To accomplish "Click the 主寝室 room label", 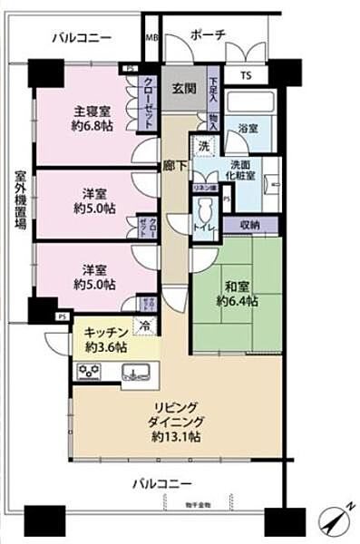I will (x=92, y=113).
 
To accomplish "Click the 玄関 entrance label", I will (x=183, y=90).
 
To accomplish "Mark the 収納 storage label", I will (x=253, y=223).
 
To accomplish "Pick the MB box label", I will (x=151, y=38).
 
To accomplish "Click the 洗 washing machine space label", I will (x=204, y=146).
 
